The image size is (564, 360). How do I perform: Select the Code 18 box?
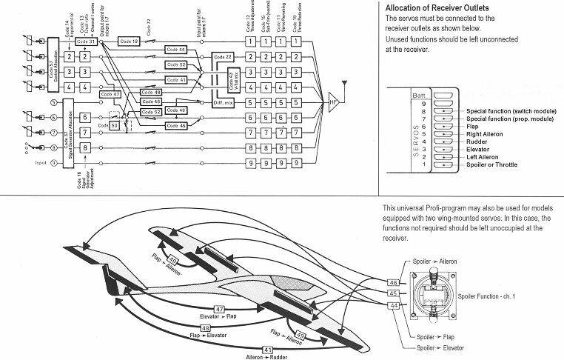coord(128,41)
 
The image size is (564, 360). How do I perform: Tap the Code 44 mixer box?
coord(175,49)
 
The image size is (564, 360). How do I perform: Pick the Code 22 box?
coord(223,57)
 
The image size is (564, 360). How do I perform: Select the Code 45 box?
coord(175,125)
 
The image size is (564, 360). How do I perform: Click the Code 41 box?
coord(175,80)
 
